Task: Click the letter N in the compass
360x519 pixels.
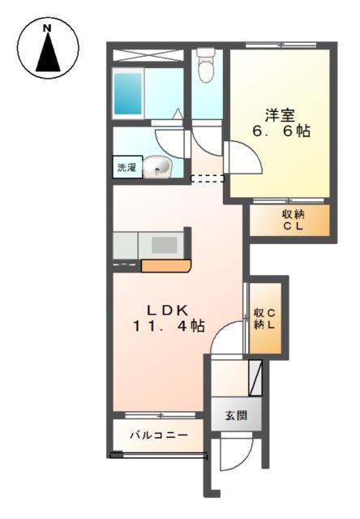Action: [47, 30]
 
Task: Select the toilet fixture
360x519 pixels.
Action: [205, 66]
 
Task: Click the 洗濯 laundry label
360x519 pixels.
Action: [126, 169]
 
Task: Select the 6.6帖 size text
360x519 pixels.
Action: [281, 132]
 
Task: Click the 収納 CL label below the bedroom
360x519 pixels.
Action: [292, 221]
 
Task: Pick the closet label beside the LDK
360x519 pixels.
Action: [265, 319]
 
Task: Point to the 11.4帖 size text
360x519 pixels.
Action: [169, 326]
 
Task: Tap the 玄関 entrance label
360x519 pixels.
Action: [236, 415]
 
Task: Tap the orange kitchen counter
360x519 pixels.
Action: [165, 265]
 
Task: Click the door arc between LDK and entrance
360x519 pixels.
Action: [227, 337]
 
